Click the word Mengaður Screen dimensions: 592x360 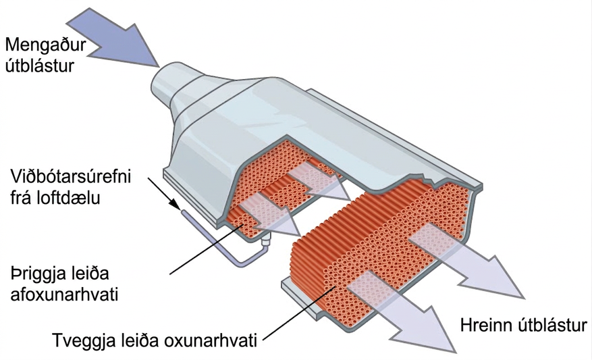tap(46, 45)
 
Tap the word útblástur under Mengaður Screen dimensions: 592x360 tap(40, 66)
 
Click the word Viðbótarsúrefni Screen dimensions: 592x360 tap(70, 176)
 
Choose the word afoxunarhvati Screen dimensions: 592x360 tap(64, 294)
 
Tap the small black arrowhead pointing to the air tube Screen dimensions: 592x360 tap(174, 204)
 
